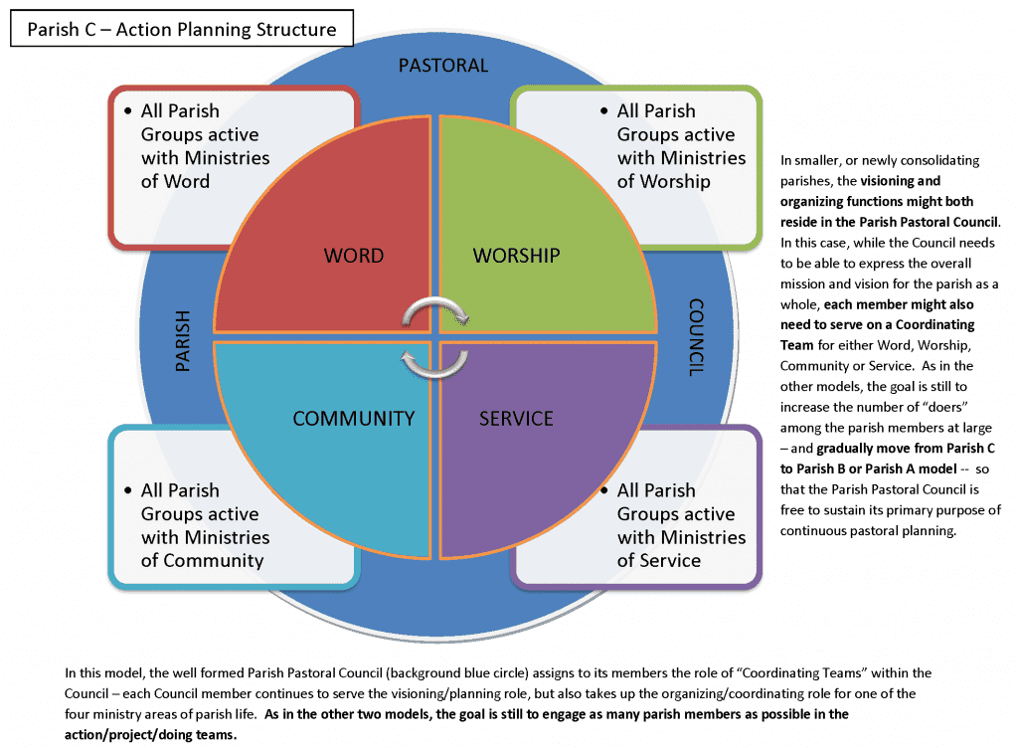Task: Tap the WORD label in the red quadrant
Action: [x=353, y=256]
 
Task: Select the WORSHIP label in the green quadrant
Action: [x=516, y=256]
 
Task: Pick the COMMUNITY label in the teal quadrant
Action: [x=353, y=418]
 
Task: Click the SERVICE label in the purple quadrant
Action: [x=516, y=418]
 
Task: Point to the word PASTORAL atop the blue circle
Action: [x=443, y=66]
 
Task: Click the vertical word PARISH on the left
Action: [x=182, y=342]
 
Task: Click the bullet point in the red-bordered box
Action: [x=128, y=110]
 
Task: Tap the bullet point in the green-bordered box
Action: [x=603, y=110]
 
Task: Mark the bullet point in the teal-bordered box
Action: [x=128, y=490]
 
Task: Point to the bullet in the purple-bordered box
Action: [x=603, y=490]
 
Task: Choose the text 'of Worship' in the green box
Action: [x=663, y=181]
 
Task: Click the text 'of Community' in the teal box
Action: [x=202, y=560]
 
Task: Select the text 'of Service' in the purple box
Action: [x=658, y=560]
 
